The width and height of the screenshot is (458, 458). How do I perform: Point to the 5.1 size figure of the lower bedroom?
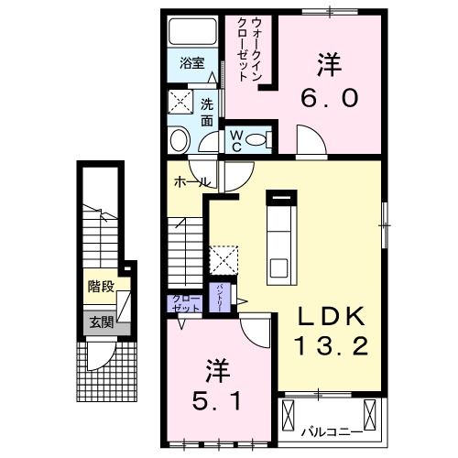[x=218, y=399]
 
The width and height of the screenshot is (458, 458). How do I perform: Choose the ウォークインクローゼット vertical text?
[x=249, y=49]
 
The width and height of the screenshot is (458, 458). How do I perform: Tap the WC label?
[x=235, y=139]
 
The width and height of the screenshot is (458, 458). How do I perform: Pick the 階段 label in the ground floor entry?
[x=101, y=287]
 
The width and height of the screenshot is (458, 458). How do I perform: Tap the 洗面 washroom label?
[x=207, y=111]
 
